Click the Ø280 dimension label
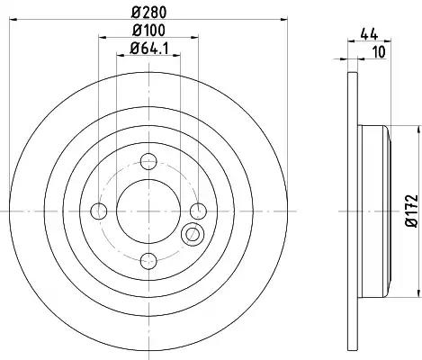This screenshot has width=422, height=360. click(x=148, y=13)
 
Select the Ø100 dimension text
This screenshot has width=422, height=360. click(x=148, y=31)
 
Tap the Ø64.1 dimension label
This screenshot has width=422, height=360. click(x=149, y=49)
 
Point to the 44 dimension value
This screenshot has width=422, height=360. click(x=369, y=34)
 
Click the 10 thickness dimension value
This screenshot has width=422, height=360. click(x=380, y=52)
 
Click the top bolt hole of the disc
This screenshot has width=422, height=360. click(x=148, y=161)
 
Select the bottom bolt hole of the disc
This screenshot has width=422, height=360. click(x=148, y=261)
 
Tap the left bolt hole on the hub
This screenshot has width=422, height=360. click(x=99, y=211)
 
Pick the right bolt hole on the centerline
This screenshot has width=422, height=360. click(x=199, y=211)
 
